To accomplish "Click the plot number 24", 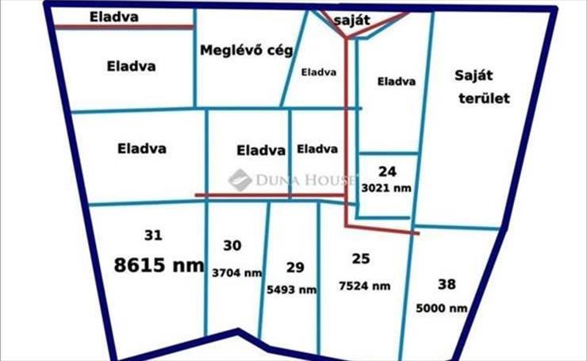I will coord(386,171).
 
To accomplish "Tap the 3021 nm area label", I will coord(386,190).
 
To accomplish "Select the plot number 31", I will coord(154,235).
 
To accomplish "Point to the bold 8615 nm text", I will coord(159,265).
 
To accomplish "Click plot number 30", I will coord(232,246).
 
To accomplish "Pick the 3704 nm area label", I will coord(236,272).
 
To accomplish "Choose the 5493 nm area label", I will coord(293,290).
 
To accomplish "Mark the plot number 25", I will coord(361,258).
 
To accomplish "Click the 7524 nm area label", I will coord(364,286).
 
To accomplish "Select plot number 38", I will coord(447,283).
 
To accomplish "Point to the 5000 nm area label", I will coord(441,308).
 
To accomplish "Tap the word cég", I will coord(278,51).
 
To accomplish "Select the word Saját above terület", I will coord(474,75).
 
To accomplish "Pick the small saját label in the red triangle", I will coord(353,21).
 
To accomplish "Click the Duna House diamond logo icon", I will coord(240,180).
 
